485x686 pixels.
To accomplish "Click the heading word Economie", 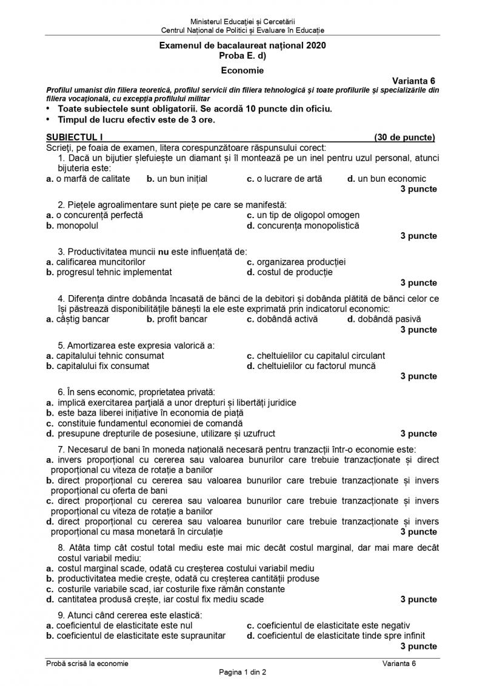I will (242, 70).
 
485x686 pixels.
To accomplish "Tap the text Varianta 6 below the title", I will (413, 81).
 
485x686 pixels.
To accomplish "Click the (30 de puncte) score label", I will (404, 137).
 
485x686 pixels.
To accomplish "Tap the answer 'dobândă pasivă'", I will (389, 319).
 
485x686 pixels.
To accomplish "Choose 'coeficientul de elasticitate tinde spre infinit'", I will (340, 636).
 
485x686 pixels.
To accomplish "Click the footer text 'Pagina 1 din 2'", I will (242, 673).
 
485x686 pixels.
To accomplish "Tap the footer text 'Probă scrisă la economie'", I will (87, 664).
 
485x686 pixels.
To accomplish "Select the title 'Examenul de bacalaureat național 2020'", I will (242, 45).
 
